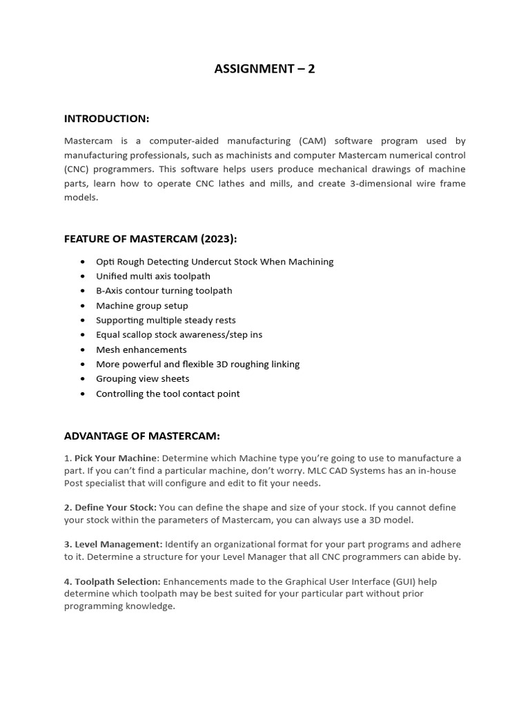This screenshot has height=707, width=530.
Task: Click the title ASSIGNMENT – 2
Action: [x=264, y=68]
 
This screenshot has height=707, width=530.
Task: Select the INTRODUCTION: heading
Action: [x=106, y=119]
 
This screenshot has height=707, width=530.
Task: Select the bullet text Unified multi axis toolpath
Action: [x=153, y=276]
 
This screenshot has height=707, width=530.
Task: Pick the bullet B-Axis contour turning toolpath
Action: [x=164, y=291]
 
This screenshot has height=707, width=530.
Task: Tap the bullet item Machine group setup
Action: [x=141, y=305]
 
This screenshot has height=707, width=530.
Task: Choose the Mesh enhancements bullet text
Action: [x=141, y=349]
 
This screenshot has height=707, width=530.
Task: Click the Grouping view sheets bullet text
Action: [x=142, y=378]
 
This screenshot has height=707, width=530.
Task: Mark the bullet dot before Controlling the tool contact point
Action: [x=83, y=394]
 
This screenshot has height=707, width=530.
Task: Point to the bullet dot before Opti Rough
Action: [x=83, y=262]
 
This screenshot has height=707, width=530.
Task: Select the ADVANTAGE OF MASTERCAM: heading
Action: [x=142, y=436]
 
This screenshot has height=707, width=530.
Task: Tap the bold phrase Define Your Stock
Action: [x=115, y=507]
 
